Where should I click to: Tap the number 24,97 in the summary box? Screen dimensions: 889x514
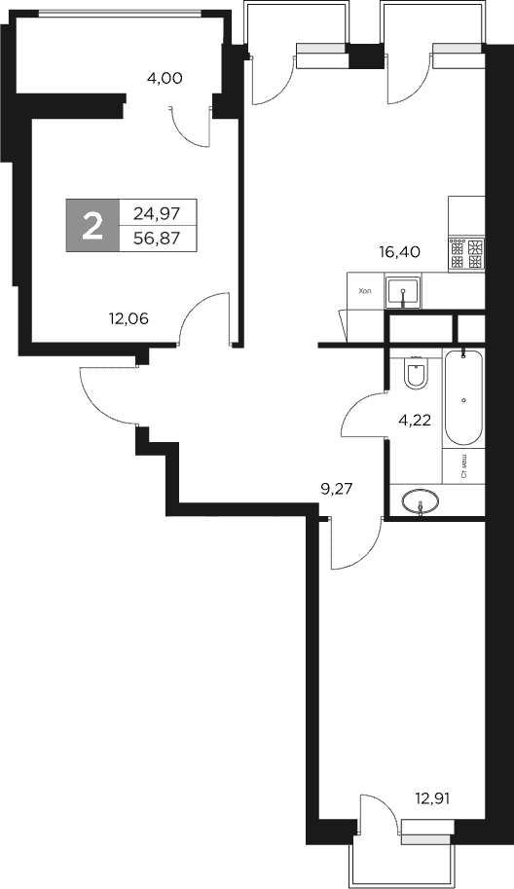[x=158, y=213]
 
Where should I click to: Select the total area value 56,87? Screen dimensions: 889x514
[x=158, y=237]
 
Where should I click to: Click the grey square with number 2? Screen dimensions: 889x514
[x=92, y=226]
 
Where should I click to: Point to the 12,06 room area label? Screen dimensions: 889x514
[x=128, y=315]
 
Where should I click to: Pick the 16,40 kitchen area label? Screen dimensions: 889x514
[x=399, y=251]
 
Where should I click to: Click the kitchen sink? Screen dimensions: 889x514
[x=402, y=291]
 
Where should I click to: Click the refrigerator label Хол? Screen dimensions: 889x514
[x=365, y=290]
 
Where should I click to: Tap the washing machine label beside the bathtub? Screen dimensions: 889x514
[x=464, y=467]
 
